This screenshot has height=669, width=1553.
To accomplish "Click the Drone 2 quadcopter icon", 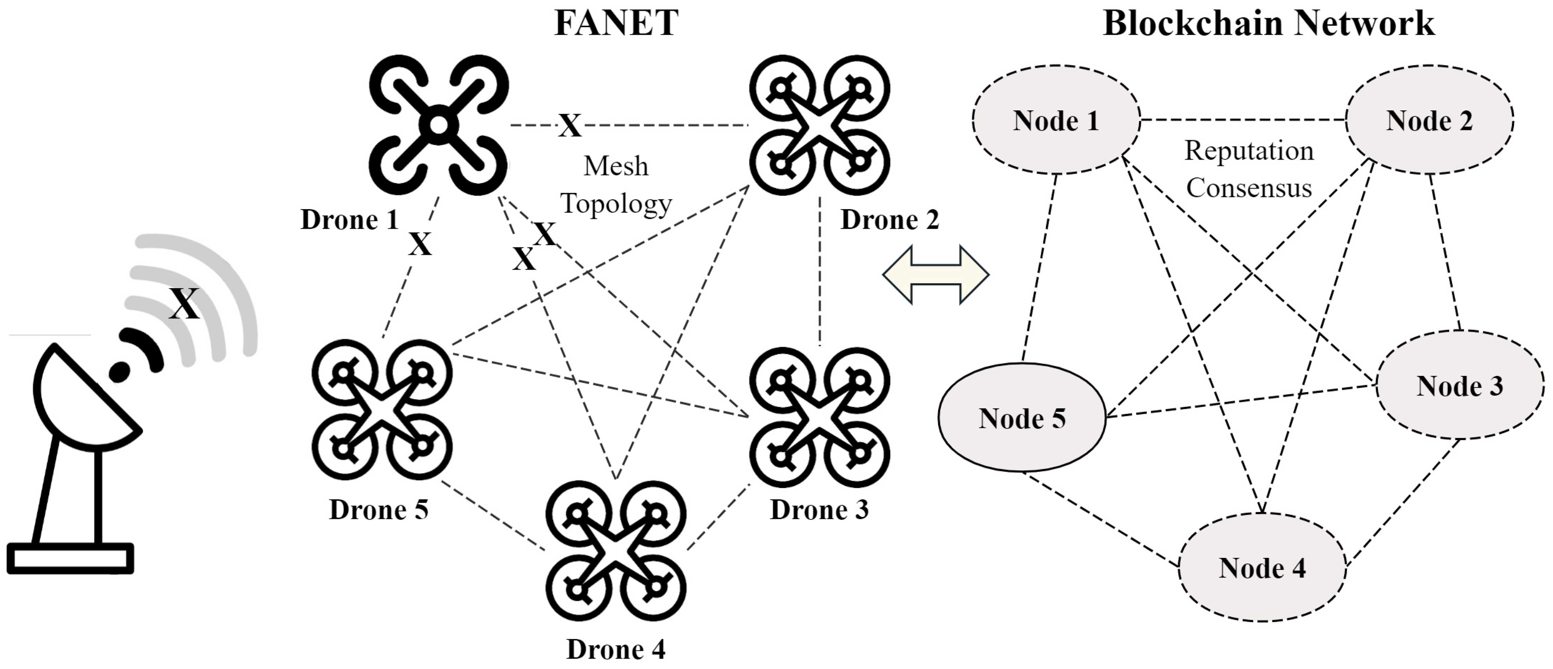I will pyautogui.click(x=819, y=125).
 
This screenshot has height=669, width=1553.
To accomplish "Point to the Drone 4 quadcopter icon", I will pyautogui.click(x=616, y=550).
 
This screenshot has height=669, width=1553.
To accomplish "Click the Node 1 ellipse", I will pyautogui.click(x=1056, y=120).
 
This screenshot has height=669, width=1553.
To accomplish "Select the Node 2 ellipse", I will pyautogui.click(x=1429, y=120).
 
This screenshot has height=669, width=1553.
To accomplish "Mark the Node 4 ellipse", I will pyautogui.click(x=1262, y=568).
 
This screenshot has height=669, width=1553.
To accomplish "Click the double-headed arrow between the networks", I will pyautogui.click(x=935, y=274).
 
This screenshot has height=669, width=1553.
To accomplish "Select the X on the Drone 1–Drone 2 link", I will pyautogui.click(x=569, y=126).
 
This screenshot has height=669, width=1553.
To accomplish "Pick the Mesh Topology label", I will pyautogui.click(x=616, y=185).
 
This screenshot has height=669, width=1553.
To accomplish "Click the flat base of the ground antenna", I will pyautogui.click(x=70, y=558).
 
